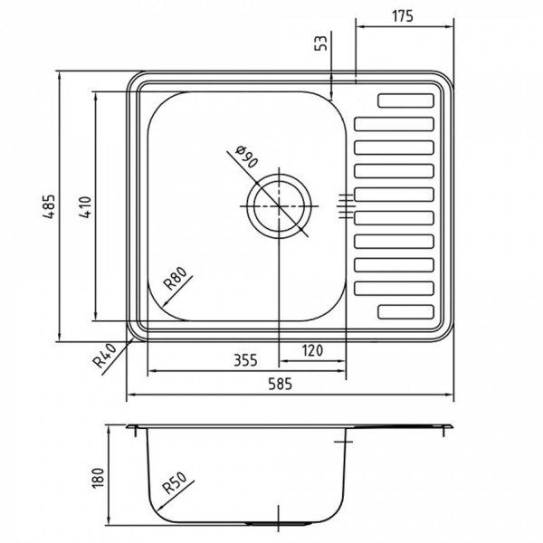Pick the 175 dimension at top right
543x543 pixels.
[x=404, y=15]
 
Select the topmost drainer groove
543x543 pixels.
[x=406, y=100]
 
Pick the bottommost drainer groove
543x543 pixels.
[x=406, y=311]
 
